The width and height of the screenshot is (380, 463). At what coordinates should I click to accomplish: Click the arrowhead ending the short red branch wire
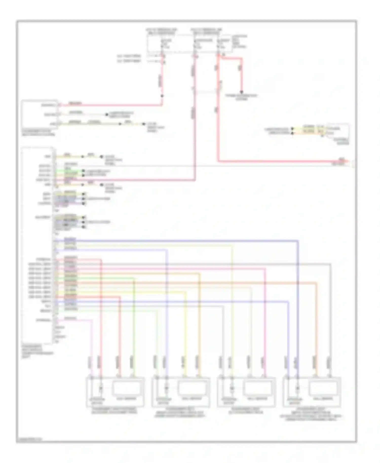pyautogui.click(x=242, y=92)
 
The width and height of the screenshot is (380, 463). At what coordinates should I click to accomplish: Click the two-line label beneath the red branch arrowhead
pyautogui.click(x=241, y=98)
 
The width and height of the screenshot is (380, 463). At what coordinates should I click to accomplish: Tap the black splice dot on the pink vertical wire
pyautogui.click(x=162, y=96)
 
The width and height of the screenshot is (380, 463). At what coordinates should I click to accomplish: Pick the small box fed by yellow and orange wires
pyautogui.click(x=337, y=131)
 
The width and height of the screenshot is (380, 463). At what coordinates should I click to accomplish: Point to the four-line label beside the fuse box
pyautogui.click(x=240, y=42)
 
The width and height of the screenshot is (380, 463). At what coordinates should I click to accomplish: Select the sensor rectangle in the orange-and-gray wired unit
pyautogui.click(x=323, y=388)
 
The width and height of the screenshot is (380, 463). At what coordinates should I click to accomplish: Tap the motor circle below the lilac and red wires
pyautogui.click(x=101, y=388)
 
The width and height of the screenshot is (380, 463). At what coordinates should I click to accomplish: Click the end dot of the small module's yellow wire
pyautogui.click(x=107, y=114)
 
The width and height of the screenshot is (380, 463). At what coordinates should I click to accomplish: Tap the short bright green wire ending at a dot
pyautogui.click(x=71, y=171)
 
